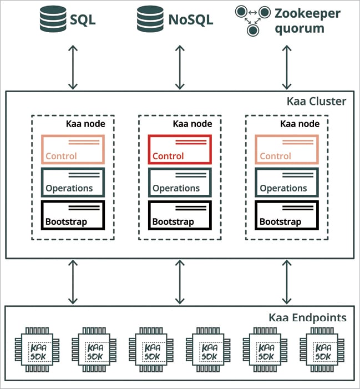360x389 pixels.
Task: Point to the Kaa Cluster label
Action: (316, 102)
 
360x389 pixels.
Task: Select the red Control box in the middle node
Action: (180, 150)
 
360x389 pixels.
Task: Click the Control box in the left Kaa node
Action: (73, 150)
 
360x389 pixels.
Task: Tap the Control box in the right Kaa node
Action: (287, 150)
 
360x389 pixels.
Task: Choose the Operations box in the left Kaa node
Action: (73, 182)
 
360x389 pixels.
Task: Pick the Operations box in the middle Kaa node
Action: (180, 182)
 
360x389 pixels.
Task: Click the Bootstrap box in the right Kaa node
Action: (287, 215)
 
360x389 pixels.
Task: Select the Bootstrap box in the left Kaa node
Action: (73, 215)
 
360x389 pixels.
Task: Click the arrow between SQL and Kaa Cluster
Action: (73, 68)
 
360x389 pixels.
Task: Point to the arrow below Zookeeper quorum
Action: (287, 68)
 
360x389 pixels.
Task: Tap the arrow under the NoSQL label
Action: (180, 68)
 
